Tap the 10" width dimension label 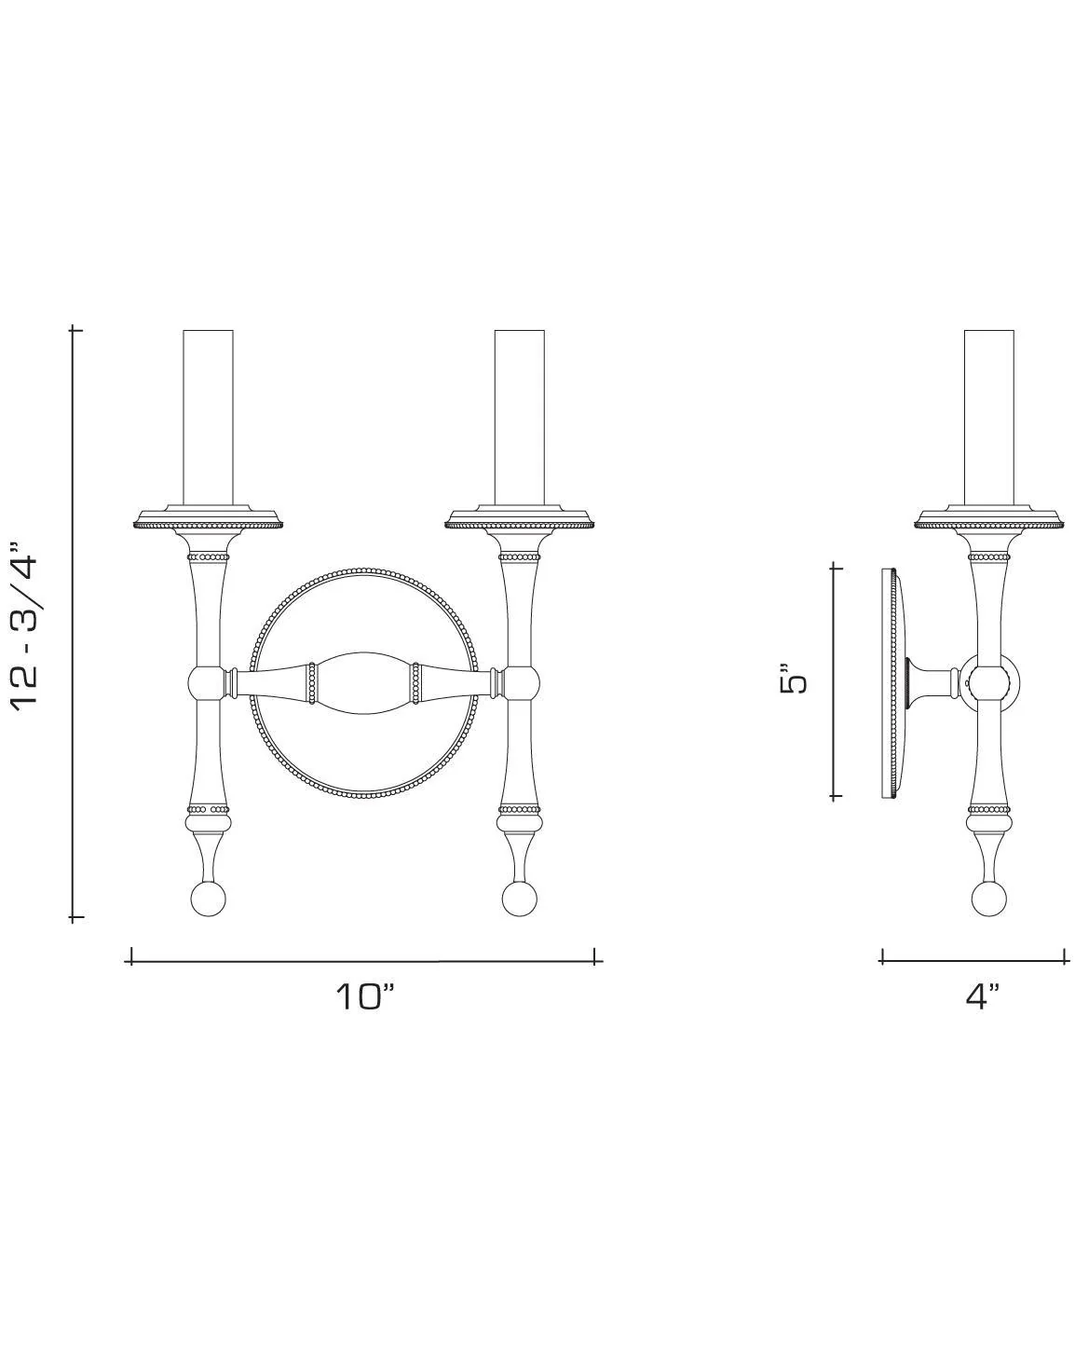pyautogui.click(x=365, y=996)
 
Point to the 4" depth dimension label pyautogui.click(x=982, y=995)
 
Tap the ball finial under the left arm pyautogui.click(x=208, y=899)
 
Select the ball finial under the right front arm pyautogui.click(x=519, y=899)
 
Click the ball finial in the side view pyautogui.click(x=988, y=899)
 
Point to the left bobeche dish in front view pyautogui.click(x=208, y=517)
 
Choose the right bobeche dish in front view pyautogui.click(x=519, y=517)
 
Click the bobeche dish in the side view pyautogui.click(x=988, y=517)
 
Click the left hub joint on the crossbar pyautogui.click(x=206, y=683)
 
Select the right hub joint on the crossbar pyautogui.click(x=521, y=683)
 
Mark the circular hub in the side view pyautogui.click(x=989, y=682)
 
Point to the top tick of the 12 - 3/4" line pyautogui.click(x=75, y=330)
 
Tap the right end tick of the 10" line pyautogui.click(x=596, y=956)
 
